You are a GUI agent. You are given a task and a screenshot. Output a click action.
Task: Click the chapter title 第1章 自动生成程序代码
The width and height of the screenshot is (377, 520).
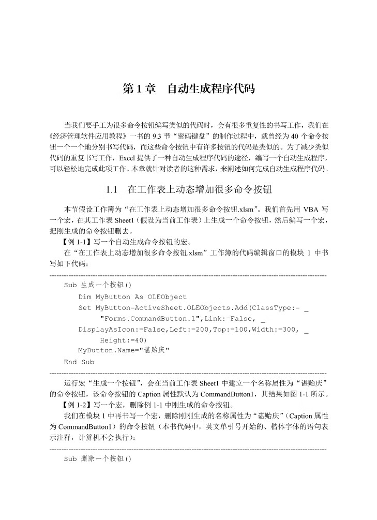188,89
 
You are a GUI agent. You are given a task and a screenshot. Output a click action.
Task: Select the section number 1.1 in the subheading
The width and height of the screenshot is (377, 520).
113,189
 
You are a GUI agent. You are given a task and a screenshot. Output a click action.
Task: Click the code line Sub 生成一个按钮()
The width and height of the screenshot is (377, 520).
98,285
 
